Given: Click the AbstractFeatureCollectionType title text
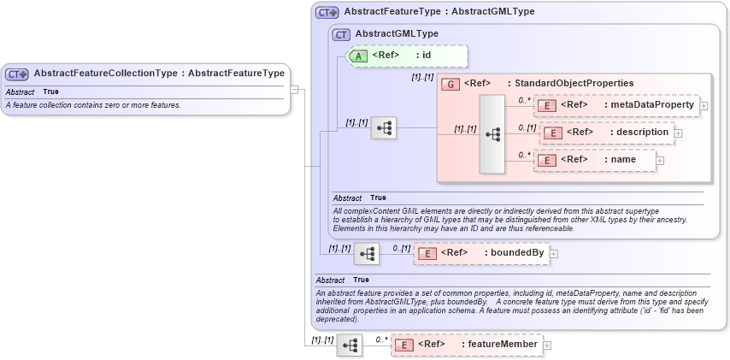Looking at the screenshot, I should point(159,74).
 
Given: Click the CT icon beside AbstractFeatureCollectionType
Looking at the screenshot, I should point(18,74).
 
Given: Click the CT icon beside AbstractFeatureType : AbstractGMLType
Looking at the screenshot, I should point(327,13).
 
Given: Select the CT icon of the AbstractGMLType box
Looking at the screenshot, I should point(341,34).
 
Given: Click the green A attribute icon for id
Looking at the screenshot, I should point(359,56).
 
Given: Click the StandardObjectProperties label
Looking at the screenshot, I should point(570,84).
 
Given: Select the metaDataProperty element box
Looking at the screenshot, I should point(615,105).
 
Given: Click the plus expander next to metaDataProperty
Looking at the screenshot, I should point(704,106).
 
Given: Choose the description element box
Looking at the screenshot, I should point(607,133).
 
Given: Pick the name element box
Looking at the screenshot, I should point(594,160).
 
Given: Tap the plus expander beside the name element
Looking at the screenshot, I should point(659,160).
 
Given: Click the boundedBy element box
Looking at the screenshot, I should point(481,253).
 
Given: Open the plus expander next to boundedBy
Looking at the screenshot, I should point(554,253).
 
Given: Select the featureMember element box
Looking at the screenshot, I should point(467,345).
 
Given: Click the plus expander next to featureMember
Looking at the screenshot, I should point(547,345).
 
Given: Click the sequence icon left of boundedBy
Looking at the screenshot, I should point(367,254).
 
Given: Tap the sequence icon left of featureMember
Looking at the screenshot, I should point(350,345).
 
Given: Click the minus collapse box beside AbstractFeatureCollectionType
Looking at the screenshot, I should point(293,88).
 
